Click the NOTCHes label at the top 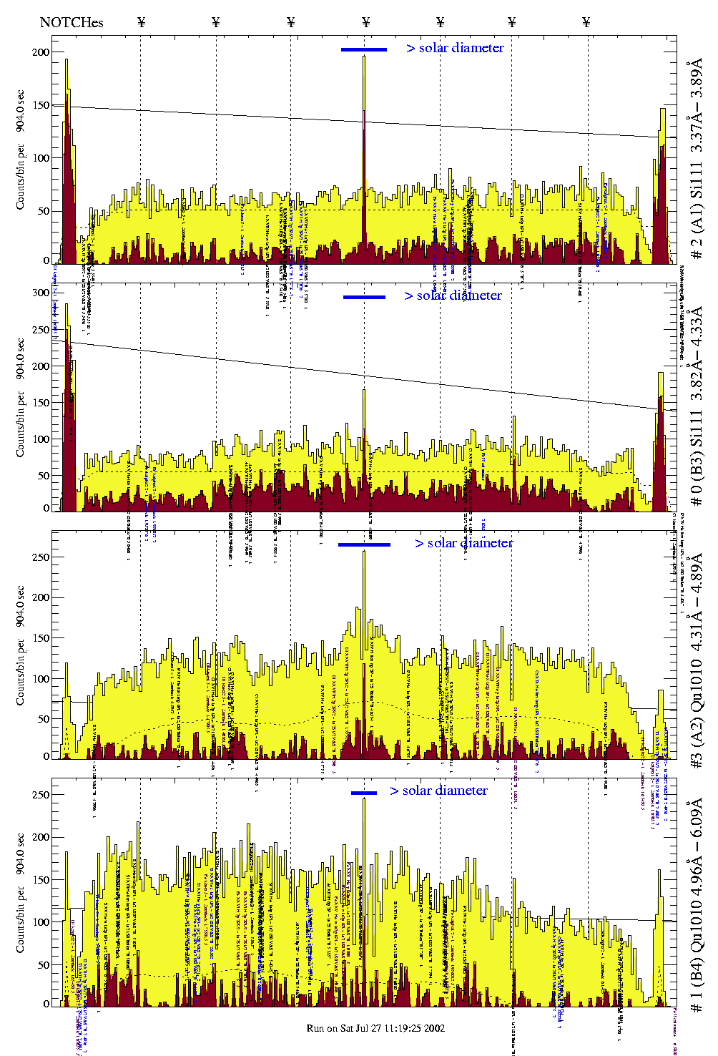click(x=72, y=22)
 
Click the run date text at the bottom click(x=375, y=1028)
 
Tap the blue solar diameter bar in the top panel click(x=364, y=49)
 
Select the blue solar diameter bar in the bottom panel click(x=364, y=793)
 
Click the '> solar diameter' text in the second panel click(x=453, y=295)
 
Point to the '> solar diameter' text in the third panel click(x=463, y=543)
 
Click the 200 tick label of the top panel click(x=41, y=52)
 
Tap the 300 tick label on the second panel click(x=41, y=293)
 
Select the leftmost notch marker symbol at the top click(x=141, y=22)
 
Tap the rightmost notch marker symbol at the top click(x=586, y=22)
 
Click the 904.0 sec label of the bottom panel click(x=20, y=854)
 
